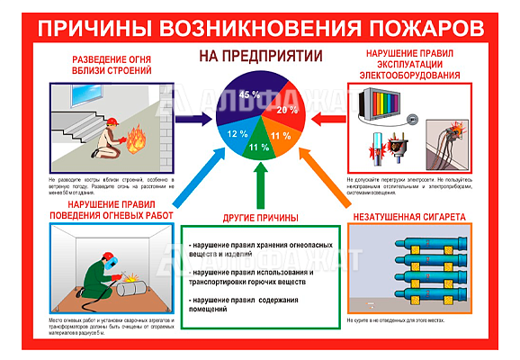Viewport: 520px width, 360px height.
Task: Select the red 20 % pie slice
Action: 286,109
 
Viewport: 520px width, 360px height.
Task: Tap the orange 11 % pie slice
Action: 278,137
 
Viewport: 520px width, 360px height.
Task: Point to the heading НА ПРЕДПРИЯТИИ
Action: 260,56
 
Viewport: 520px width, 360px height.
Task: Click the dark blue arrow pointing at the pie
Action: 193,117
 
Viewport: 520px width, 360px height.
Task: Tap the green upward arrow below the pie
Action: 260,184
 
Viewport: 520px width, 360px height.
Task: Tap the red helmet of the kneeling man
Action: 113,122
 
